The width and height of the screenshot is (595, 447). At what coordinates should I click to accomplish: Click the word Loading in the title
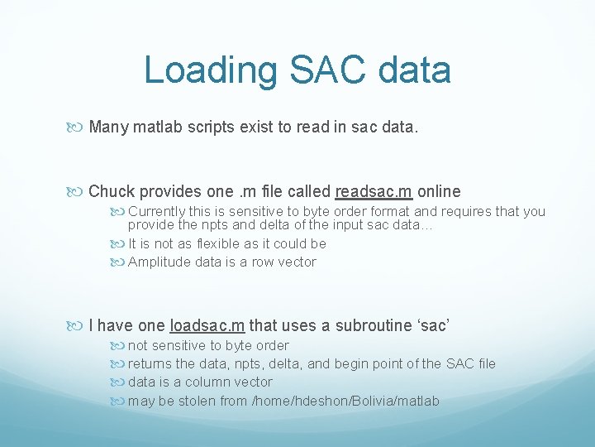coord(211,70)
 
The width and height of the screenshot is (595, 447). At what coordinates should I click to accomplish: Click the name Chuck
coord(111,191)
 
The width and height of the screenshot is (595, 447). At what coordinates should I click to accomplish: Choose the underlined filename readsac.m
coord(374,191)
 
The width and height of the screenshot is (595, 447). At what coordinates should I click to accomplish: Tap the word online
coord(440,191)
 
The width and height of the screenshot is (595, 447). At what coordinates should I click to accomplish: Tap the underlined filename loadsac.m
coord(207,325)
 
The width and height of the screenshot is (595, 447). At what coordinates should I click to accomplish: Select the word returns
coord(151,363)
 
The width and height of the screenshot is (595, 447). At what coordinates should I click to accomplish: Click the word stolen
coord(196,401)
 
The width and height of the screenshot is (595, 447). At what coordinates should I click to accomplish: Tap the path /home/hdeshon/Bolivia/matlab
coord(345,401)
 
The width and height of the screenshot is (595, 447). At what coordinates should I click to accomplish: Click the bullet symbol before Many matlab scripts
coord(79,127)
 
